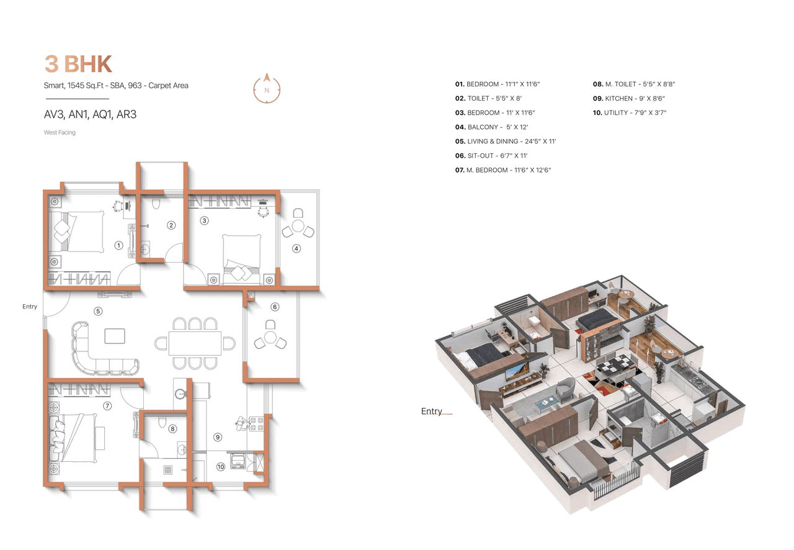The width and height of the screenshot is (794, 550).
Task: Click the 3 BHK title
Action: click(78, 64)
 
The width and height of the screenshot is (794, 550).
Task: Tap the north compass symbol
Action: click(267, 89)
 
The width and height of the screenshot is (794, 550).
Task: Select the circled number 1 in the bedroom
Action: click(118, 245)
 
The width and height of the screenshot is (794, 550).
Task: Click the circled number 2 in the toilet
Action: click(171, 225)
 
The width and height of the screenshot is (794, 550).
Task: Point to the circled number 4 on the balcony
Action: click(297, 248)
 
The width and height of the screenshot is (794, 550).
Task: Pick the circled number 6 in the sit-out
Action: click(275, 307)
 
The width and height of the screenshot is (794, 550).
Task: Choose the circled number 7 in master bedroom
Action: click(107, 406)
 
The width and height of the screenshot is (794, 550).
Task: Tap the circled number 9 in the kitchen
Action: click(218, 437)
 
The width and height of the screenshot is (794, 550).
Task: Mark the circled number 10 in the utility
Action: click(220, 467)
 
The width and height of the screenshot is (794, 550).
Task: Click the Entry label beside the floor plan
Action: click(30, 307)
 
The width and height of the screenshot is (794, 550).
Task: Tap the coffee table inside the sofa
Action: click(114, 336)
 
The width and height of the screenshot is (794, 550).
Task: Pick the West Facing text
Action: click(60, 132)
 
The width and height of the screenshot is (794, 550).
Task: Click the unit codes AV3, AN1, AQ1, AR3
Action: click(90, 114)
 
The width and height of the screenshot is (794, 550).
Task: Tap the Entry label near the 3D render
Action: click(432, 411)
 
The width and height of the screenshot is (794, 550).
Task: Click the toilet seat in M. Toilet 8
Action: click(163, 422)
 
